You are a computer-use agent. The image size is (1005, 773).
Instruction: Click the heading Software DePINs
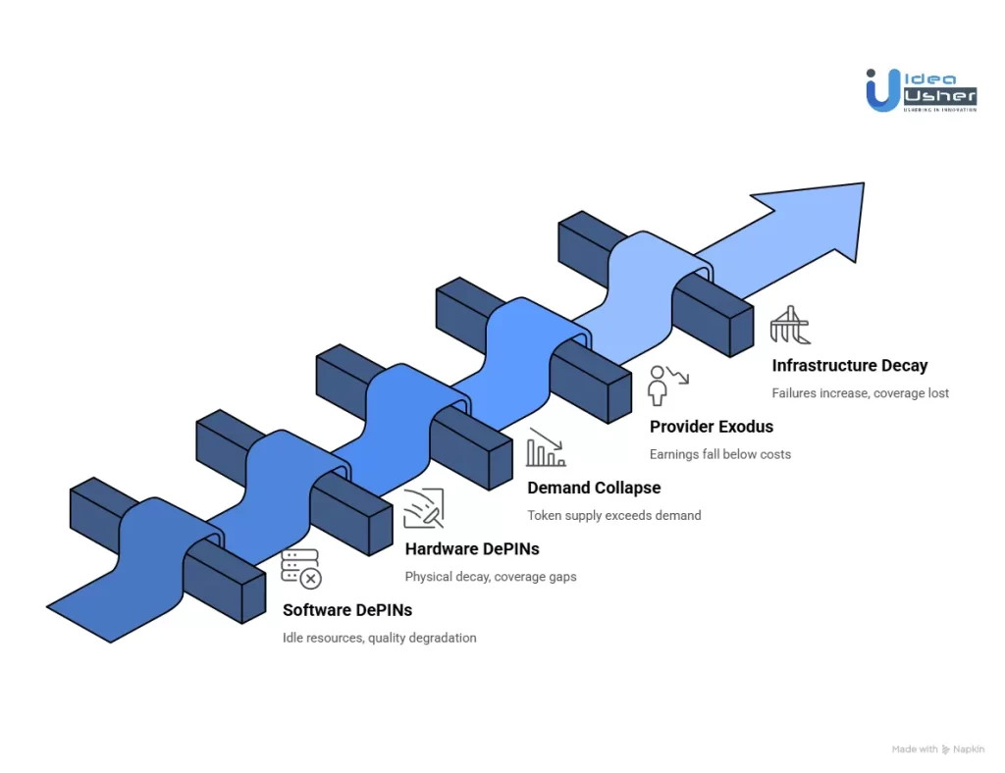click(347, 610)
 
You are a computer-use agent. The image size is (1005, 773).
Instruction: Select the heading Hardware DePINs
click(472, 549)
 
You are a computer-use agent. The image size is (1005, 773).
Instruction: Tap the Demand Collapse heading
click(594, 488)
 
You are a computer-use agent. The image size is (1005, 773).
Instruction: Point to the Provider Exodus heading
click(712, 427)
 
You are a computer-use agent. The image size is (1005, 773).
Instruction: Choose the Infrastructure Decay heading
click(850, 366)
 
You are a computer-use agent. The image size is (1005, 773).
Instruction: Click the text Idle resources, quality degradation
click(380, 638)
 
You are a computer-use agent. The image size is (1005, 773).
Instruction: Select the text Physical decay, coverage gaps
click(491, 577)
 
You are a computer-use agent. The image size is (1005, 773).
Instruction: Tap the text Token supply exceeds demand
click(614, 515)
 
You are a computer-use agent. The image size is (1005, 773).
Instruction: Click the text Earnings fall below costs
click(720, 454)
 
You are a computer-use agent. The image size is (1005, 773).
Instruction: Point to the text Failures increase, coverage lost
click(861, 393)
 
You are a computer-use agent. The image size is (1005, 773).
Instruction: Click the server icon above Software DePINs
click(300, 569)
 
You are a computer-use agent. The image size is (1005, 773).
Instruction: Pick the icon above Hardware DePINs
click(423, 508)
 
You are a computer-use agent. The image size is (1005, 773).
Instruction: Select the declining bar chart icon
click(546, 446)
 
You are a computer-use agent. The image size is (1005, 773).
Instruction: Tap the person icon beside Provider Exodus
click(666, 386)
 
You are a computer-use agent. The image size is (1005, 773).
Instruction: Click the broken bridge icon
click(789, 325)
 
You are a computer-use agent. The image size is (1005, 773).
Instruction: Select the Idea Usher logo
click(921, 89)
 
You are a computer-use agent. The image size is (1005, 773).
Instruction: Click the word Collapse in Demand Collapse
click(628, 488)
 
